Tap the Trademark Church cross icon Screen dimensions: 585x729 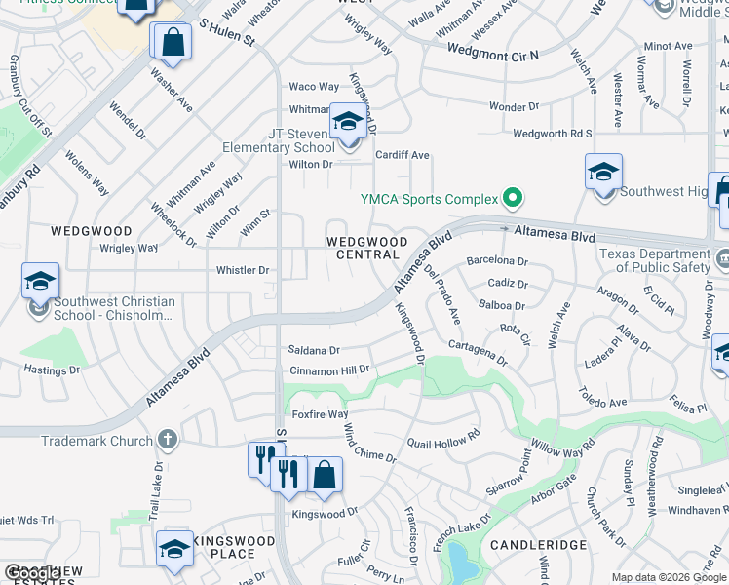pos(168,441)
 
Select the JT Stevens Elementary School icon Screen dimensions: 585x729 pos(346,123)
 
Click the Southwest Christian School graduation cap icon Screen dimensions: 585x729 pos(40,282)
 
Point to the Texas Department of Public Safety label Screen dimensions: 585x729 pos(654,260)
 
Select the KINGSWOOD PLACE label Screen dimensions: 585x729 pos(224,547)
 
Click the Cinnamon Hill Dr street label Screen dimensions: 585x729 pos(329,370)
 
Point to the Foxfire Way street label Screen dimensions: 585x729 pos(317,414)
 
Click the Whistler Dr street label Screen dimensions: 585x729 pos(242,270)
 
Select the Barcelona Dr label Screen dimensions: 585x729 pos(497,261)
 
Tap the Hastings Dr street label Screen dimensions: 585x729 pos(52,370)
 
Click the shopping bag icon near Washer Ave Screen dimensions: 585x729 pos(172,42)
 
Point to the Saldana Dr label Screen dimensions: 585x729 pos(313,350)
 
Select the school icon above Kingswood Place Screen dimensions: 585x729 pos(174,551)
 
